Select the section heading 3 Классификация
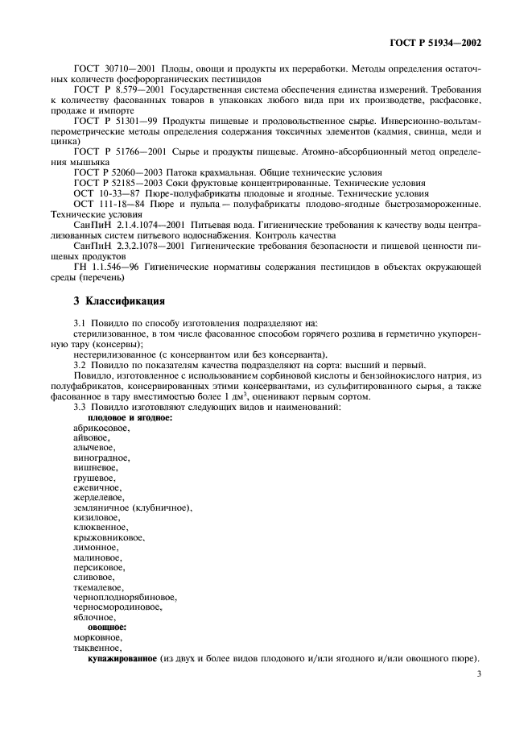(x=119, y=301)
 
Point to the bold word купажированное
(x=122, y=657)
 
